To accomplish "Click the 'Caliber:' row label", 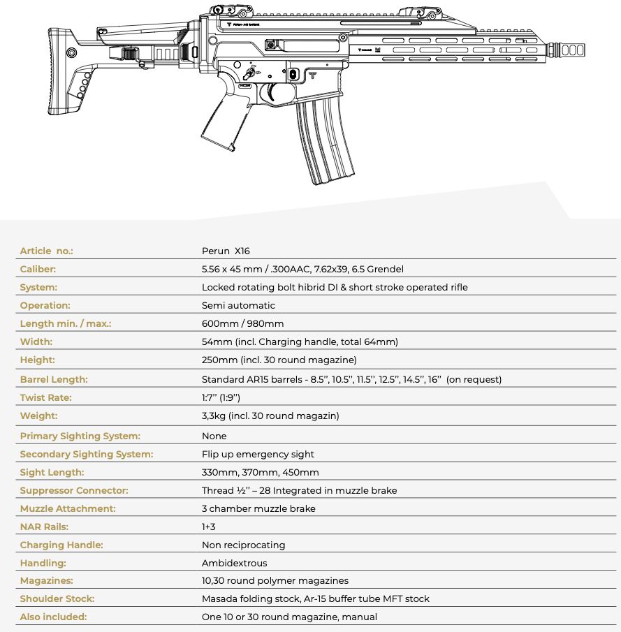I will (x=38, y=269).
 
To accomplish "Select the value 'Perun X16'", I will (x=226, y=251).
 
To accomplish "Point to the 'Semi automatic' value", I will (x=238, y=305).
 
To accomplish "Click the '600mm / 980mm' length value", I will (x=242, y=323).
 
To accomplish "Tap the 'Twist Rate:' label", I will (x=45, y=397).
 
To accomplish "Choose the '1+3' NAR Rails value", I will (x=209, y=527).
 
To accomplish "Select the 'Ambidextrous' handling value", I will (x=234, y=563).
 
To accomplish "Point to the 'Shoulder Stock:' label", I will (x=57, y=599).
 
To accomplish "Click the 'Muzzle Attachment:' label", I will (x=68, y=508).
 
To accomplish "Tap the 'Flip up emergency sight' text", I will (x=258, y=454).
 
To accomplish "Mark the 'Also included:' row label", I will (x=53, y=617).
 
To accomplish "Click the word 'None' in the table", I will (x=214, y=436).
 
